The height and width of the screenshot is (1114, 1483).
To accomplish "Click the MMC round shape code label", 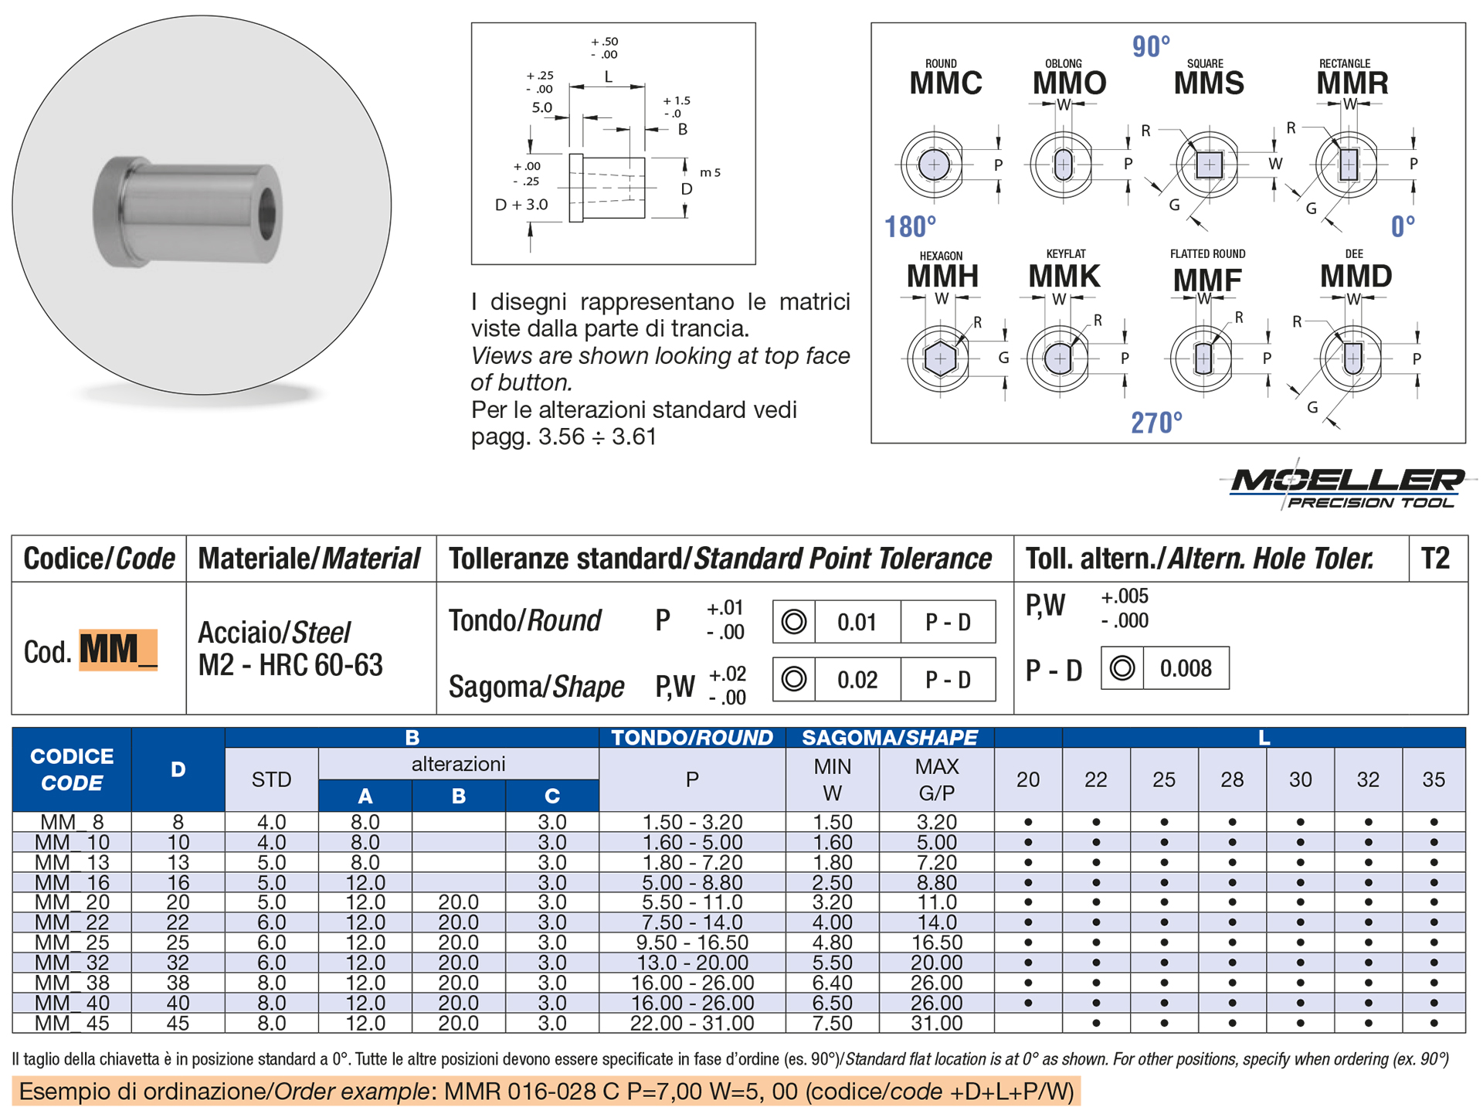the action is (945, 83).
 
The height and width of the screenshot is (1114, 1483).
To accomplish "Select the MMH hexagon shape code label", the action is (942, 276).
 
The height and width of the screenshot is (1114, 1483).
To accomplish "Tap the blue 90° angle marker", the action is (1151, 46).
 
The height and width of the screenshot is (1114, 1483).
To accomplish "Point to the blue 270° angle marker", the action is (1156, 423).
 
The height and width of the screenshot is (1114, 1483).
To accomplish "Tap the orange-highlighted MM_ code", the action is (118, 650).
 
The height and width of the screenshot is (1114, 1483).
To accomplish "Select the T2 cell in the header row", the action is (1435, 558).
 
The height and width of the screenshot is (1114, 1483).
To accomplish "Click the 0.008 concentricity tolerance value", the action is (1186, 668).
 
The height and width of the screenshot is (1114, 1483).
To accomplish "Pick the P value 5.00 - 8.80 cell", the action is (692, 882).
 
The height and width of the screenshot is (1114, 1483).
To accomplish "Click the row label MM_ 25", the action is (72, 942).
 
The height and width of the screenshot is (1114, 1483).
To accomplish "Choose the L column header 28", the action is (1232, 779).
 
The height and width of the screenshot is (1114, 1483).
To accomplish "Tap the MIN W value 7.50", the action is (832, 1023).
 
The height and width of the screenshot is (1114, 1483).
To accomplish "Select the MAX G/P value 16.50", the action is (936, 942).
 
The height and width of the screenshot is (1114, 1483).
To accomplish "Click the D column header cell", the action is (178, 769).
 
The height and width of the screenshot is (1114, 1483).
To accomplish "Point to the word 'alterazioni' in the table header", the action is (458, 764).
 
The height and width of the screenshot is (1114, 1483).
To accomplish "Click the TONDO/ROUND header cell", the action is (692, 738).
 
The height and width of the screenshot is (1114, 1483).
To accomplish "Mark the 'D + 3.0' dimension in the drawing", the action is (521, 205).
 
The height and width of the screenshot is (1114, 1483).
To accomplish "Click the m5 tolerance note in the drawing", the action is (710, 172).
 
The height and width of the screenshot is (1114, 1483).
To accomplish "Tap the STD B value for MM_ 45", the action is (271, 1023).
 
